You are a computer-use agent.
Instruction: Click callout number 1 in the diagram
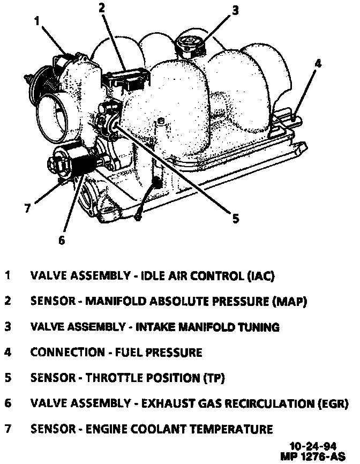[x=37, y=21]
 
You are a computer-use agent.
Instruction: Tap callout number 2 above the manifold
[x=102, y=7]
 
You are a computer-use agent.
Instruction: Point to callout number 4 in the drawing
[x=317, y=63]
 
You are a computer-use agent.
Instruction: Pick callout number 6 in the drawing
[x=62, y=240]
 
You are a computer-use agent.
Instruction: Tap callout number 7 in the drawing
[x=27, y=208]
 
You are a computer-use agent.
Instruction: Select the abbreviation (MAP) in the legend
[x=290, y=301]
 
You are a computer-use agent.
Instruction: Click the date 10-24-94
[x=311, y=446]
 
